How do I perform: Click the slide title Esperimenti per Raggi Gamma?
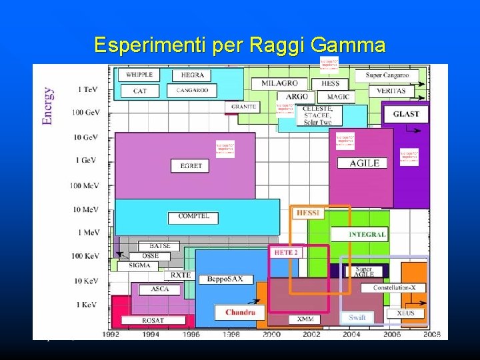click(x=240, y=45)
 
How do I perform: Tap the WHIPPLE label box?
click(x=139, y=75)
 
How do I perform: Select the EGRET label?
click(x=191, y=165)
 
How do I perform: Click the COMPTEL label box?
click(x=193, y=217)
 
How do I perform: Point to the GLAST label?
click(x=406, y=114)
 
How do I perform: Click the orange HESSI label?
click(x=308, y=213)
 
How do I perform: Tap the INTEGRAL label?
click(x=367, y=235)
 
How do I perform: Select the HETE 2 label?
click(x=286, y=252)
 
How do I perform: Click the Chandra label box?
click(x=240, y=312)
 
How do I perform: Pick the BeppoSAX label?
click(x=225, y=279)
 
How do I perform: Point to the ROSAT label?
click(x=153, y=321)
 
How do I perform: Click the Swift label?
click(x=357, y=317)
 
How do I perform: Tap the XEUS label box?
click(x=405, y=313)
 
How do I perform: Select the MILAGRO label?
click(x=279, y=84)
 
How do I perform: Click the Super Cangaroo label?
click(x=387, y=75)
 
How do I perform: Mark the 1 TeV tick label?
click(x=89, y=89)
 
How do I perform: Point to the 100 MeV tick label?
click(x=85, y=185)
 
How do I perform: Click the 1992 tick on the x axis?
click(x=111, y=333)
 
